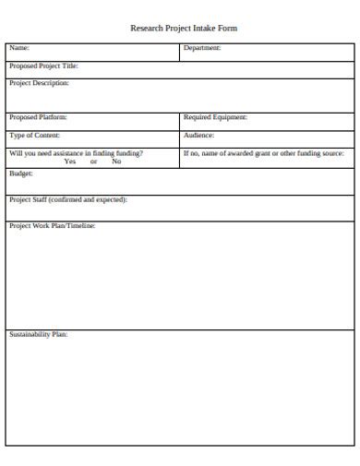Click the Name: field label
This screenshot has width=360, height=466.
pos(19,48)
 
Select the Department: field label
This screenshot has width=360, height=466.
pos(202,48)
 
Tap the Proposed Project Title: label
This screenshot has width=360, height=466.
pos(43,66)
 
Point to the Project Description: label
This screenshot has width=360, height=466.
pos(39,83)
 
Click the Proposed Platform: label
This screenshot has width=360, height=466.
pos(38,117)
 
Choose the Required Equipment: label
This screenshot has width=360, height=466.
pos(215,117)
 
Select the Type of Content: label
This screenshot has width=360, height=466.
pos(34,135)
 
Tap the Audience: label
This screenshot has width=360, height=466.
pos(198,135)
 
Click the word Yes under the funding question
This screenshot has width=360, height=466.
pos(70,161)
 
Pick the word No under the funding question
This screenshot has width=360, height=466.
pos(116,161)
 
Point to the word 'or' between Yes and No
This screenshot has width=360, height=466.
pos(93,161)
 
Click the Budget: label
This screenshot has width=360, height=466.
pos(21,173)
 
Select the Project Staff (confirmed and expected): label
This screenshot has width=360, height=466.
pos(68,199)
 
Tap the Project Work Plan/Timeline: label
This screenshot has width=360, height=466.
pos(52,225)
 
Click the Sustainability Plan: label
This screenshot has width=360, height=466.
pos(38,334)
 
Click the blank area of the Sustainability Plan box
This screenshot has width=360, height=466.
pos(180,392)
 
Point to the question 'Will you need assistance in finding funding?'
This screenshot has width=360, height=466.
pos(76,153)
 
